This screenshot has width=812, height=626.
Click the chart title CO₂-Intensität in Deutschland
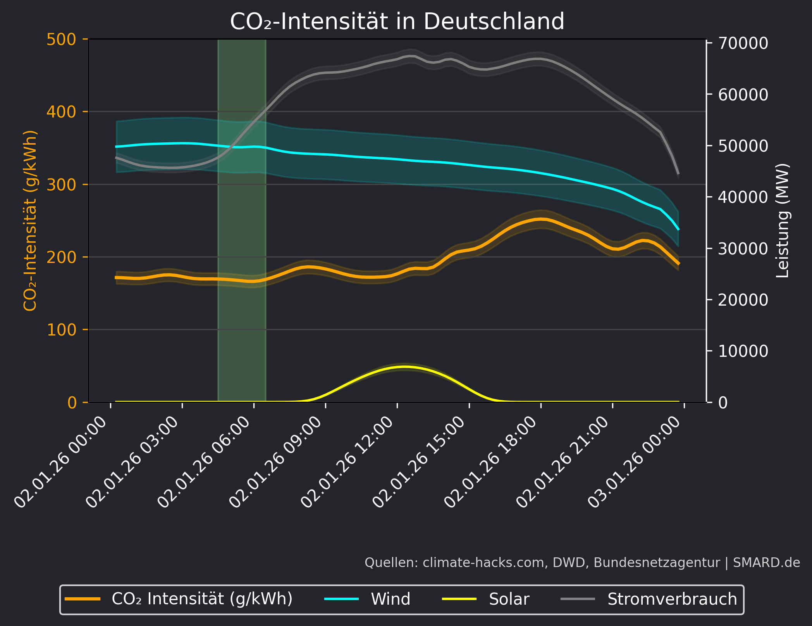point(397,21)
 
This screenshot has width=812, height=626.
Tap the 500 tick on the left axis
point(61,40)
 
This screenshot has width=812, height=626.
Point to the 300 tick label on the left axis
point(61,185)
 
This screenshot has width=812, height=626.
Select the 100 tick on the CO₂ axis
point(61,330)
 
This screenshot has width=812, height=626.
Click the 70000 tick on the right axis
point(743,43)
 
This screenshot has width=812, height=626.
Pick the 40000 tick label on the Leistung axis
point(743,197)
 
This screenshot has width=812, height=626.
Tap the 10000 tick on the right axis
point(743,351)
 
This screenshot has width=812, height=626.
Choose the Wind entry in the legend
point(390,599)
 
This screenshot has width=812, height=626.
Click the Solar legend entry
point(509,599)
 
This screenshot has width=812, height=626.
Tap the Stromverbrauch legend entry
point(672,599)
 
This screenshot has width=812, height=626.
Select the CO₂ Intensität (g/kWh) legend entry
point(202,599)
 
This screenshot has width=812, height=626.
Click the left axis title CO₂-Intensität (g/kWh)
point(30,221)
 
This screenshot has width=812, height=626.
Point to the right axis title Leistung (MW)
point(783,221)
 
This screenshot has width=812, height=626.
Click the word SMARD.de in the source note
point(766,562)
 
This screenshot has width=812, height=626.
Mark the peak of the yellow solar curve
point(405,367)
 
